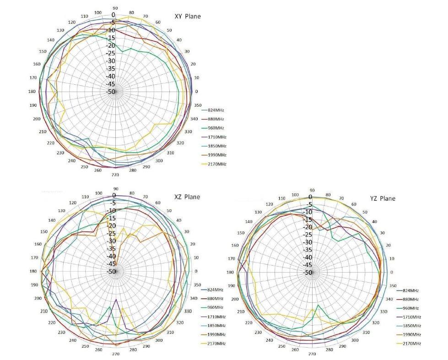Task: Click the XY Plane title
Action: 188,16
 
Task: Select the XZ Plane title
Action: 187,197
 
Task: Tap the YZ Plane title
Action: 383,198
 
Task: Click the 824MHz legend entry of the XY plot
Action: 216,110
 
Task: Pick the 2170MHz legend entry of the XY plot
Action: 217,164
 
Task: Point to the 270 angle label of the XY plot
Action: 115,175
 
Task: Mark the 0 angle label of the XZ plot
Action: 196,272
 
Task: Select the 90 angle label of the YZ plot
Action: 312,190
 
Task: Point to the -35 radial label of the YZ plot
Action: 308,250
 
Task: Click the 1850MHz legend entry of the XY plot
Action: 217,146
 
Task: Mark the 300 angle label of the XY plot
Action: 159,161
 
